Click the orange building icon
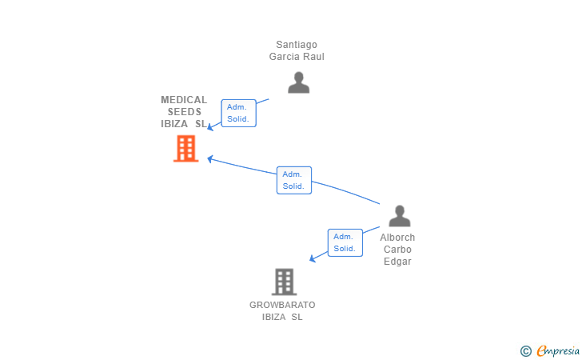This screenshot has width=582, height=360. [x=185, y=148]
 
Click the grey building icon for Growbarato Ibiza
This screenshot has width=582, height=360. [x=284, y=282]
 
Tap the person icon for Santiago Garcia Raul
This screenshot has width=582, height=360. [x=298, y=82]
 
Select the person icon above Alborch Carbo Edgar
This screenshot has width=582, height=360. [x=399, y=216]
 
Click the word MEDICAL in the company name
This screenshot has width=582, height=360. [x=184, y=100]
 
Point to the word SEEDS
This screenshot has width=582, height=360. [x=184, y=112]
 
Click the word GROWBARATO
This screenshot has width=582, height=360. [x=282, y=305]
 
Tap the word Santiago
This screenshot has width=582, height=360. [x=297, y=45]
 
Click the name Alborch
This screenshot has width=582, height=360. [x=397, y=238]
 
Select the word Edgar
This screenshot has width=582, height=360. [x=397, y=262]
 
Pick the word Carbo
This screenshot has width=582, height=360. [x=397, y=250]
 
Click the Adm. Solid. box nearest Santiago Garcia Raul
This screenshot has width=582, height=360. [x=238, y=113]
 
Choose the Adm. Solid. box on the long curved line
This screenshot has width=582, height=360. [x=294, y=180]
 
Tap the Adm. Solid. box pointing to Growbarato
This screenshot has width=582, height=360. [x=345, y=242]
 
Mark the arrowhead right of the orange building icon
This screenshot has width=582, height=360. [x=211, y=158]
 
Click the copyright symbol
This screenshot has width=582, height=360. [x=525, y=350]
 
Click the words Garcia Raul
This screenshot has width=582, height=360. [x=297, y=57]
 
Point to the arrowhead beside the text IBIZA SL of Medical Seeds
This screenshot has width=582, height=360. [x=211, y=126]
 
